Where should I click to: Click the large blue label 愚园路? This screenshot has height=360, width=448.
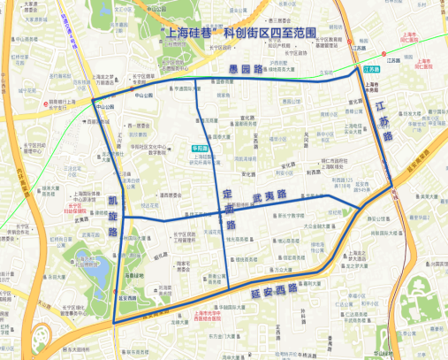251,68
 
